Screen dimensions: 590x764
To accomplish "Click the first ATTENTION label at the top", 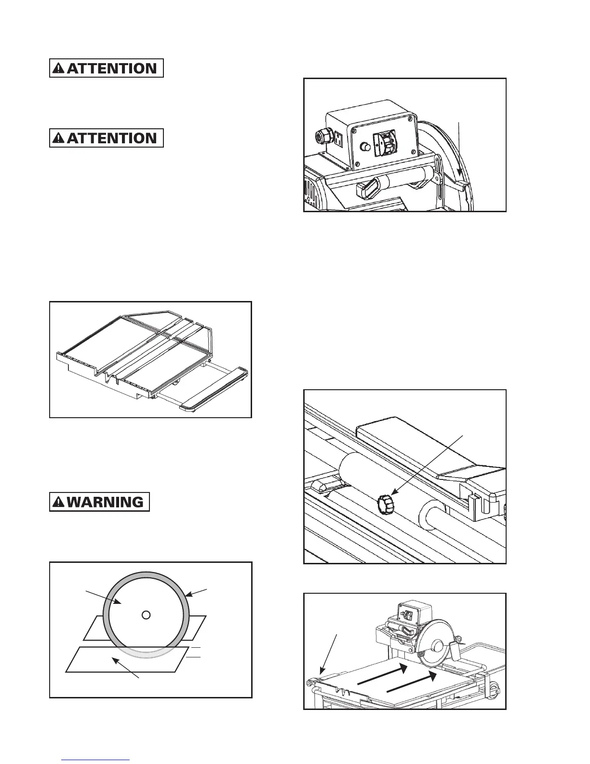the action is [107, 68].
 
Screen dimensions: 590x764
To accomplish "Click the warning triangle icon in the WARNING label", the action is [59, 502].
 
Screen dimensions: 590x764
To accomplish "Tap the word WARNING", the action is [106, 502].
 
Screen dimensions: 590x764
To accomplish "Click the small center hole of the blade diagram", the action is [147, 614].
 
